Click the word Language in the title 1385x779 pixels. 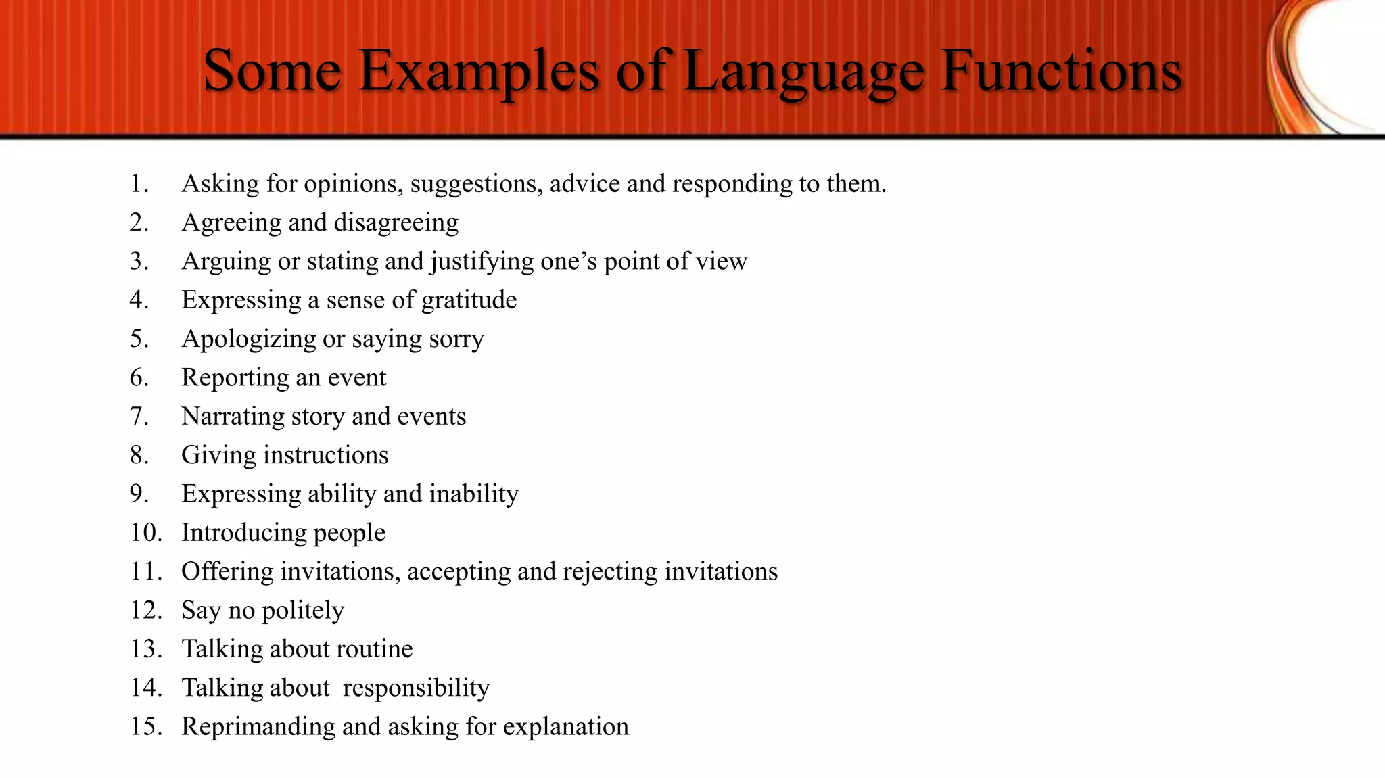(804, 71)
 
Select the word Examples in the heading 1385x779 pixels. (479, 71)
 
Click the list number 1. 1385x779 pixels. (139, 184)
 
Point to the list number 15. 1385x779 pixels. (146, 726)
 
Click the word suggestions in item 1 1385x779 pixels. (476, 184)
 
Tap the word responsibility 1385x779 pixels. (416, 688)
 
